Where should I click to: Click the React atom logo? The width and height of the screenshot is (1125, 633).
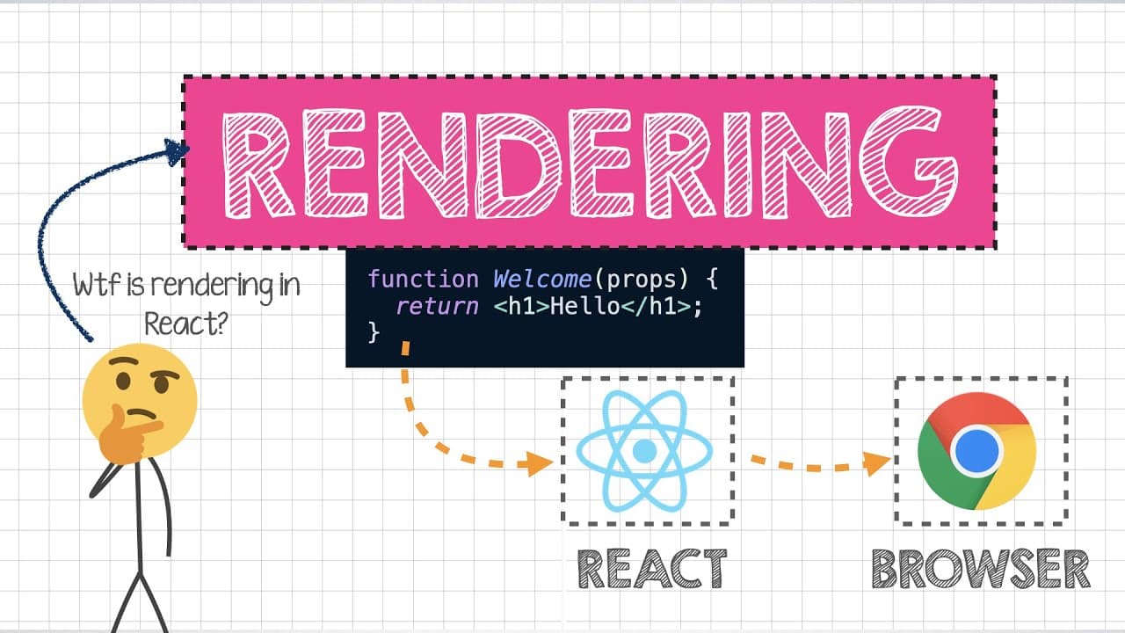644,451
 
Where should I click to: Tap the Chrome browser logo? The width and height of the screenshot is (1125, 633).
976,451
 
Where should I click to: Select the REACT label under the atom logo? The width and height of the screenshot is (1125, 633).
652,569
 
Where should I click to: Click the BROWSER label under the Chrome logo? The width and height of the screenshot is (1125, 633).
981,569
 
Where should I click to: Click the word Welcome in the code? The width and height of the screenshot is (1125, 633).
542,280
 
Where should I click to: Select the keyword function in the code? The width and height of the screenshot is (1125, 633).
424,280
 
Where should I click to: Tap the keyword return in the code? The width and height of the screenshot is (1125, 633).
437,307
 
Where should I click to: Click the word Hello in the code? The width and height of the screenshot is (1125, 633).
584,307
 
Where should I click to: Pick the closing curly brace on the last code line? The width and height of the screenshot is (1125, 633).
374,332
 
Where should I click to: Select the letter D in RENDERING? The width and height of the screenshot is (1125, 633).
518,164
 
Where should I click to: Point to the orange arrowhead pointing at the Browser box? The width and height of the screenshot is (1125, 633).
876,462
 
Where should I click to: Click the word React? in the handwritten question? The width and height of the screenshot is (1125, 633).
186,324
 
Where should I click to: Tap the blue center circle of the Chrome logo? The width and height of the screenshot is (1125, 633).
976,451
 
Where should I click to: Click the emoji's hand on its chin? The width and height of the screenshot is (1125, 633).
128,433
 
